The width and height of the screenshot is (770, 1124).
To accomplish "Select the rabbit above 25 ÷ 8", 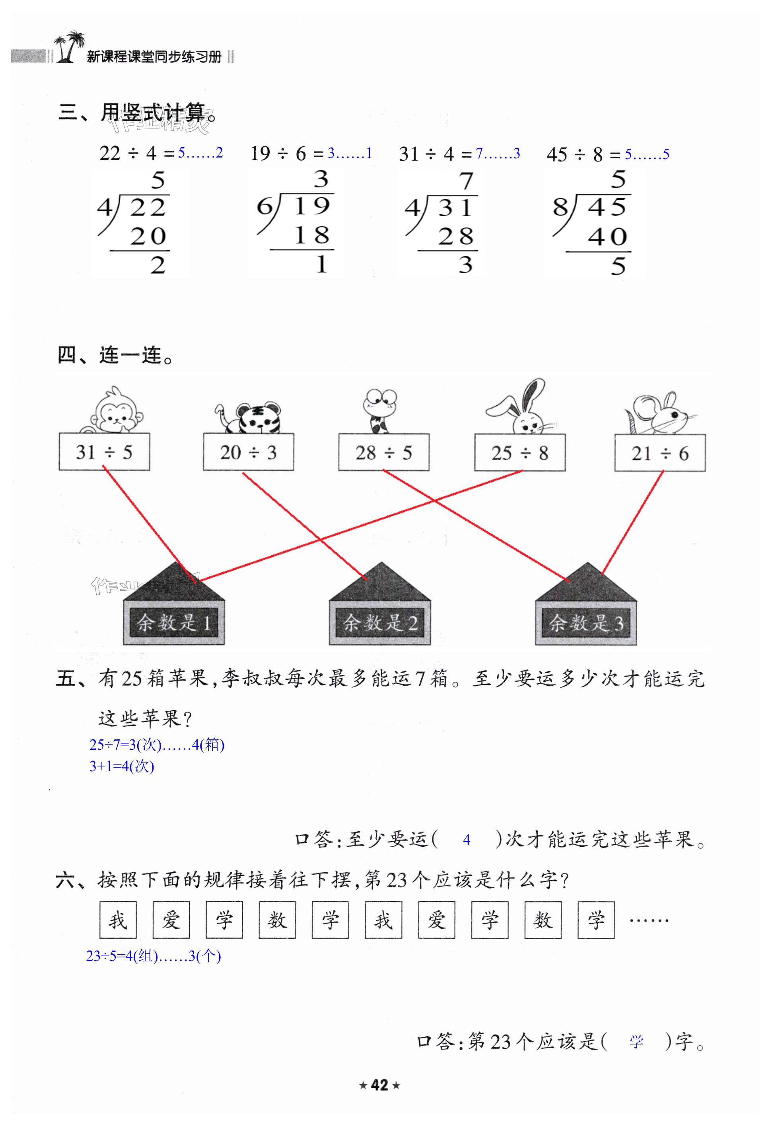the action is [521, 409].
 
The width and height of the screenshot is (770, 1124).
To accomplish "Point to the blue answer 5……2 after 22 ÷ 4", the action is [200, 153].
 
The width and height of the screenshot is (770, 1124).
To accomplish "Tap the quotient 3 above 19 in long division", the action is [321, 179].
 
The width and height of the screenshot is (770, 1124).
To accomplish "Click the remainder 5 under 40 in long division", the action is [618, 266].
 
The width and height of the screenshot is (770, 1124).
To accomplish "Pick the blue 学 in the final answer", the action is [636, 1042].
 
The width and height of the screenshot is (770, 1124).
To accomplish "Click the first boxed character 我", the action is [118, 920].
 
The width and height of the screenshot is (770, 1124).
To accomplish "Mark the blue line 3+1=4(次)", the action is [122, 766].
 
